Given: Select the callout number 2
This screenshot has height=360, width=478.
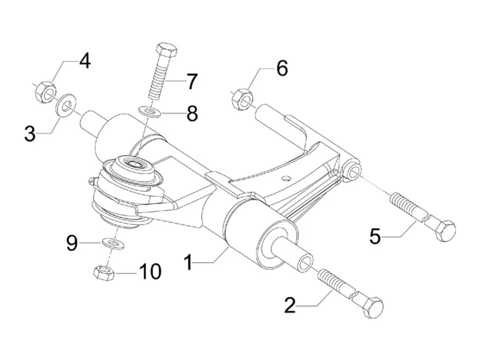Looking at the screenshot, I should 290,306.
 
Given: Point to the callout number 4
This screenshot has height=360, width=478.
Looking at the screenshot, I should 85,61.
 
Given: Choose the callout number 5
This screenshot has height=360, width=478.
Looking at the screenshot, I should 375,236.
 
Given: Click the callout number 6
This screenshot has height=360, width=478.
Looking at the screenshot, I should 281,68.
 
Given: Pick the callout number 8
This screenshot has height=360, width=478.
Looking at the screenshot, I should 191,113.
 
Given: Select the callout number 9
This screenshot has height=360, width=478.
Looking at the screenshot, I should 72,243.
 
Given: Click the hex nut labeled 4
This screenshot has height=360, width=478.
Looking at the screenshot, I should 42,93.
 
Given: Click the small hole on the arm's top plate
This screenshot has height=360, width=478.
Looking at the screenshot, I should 287,177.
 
